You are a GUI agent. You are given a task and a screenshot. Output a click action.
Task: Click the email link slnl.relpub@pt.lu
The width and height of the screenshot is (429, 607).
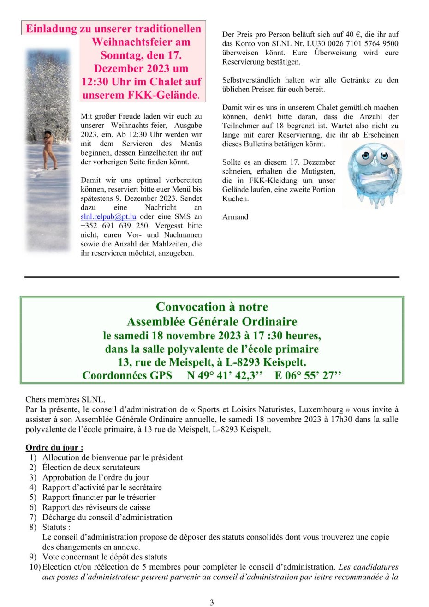(108, 216)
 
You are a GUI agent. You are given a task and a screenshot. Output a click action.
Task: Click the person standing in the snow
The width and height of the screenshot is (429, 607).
(49, 150)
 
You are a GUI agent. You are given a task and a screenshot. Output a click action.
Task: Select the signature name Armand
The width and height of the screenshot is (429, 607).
(235, 217)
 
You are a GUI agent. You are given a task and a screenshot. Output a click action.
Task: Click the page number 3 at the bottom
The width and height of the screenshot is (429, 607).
(212, 602)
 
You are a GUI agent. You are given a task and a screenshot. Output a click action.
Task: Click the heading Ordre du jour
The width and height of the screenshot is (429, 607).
(54, 448)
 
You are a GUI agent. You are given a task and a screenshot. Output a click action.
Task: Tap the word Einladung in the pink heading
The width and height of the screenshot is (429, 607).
(51, 29)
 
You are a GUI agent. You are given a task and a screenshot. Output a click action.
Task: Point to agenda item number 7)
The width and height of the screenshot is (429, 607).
(33, 517)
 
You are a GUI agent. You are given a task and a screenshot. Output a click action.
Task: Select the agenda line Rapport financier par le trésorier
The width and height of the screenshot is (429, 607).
(99, 497)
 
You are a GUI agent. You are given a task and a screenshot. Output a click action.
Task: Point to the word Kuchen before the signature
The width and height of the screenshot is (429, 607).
(235, 199)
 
